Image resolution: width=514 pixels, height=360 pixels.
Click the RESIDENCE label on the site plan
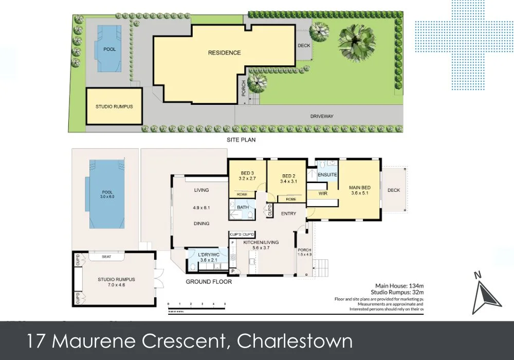point(224,53)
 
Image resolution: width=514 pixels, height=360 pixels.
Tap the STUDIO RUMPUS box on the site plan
point(114,106)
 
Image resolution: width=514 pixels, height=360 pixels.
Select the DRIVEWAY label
point(322,116)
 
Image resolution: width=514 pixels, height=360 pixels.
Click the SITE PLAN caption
point(241,139)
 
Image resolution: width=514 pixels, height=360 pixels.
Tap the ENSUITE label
point(327,175)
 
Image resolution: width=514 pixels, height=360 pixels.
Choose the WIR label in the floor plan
point(323,194)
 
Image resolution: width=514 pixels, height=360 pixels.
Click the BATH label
point(243,208)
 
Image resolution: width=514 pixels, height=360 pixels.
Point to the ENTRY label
point(288,213)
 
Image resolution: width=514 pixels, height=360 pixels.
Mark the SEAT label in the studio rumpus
point(107,256)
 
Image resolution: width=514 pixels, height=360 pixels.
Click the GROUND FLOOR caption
point(208,282)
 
